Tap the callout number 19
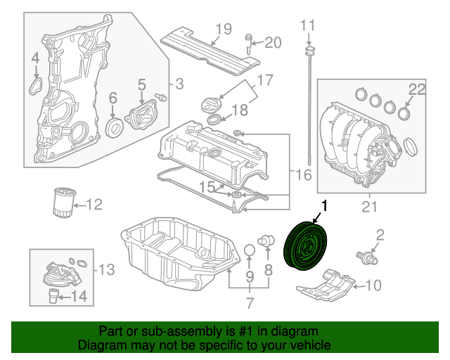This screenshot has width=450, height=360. [x=223, y=29]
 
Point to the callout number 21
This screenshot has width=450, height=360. [x=369, y=206]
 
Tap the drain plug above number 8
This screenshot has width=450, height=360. [x=266, y=241]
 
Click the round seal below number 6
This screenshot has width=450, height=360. [x=113, y=127]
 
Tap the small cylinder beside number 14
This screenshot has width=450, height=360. [x=53, y=295]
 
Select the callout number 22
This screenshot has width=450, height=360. [x=418, y=89]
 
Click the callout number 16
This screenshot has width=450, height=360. [x=303, y=174]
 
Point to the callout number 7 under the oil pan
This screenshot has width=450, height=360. [x=249, y=303]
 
